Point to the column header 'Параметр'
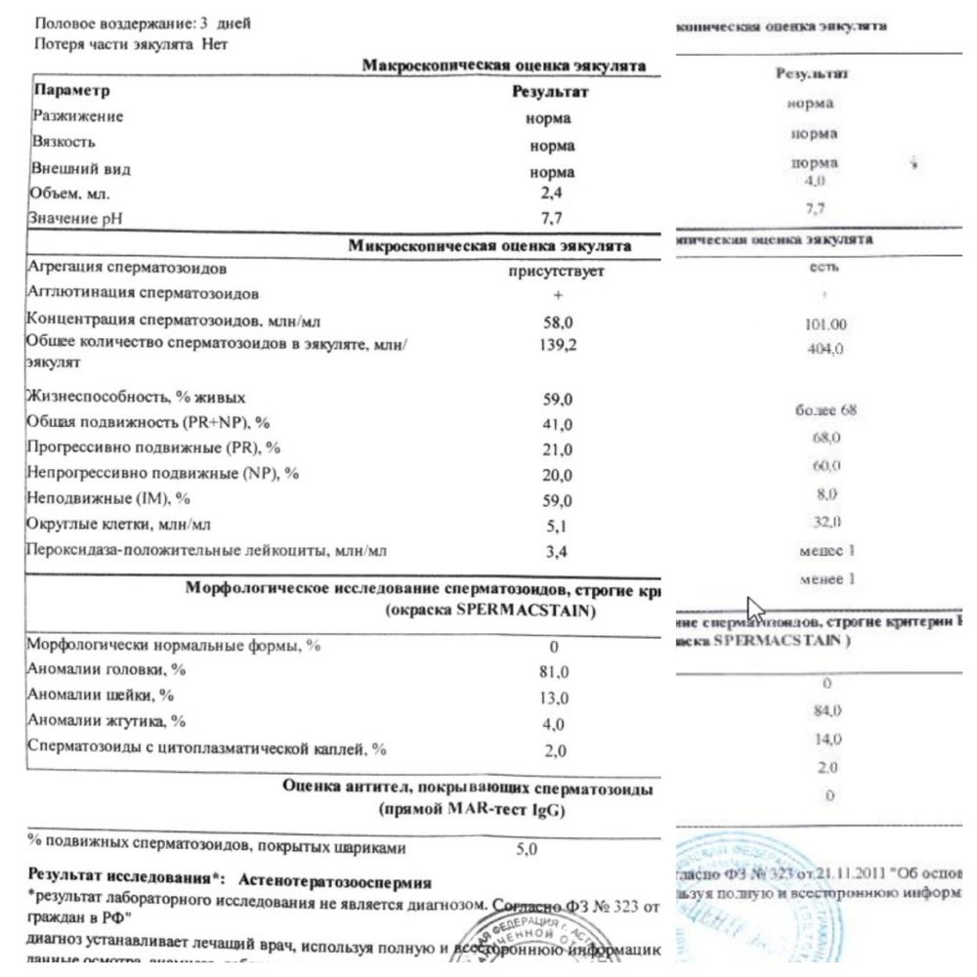71,91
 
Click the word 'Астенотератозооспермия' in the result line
335,879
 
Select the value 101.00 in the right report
813,324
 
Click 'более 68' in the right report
826,410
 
